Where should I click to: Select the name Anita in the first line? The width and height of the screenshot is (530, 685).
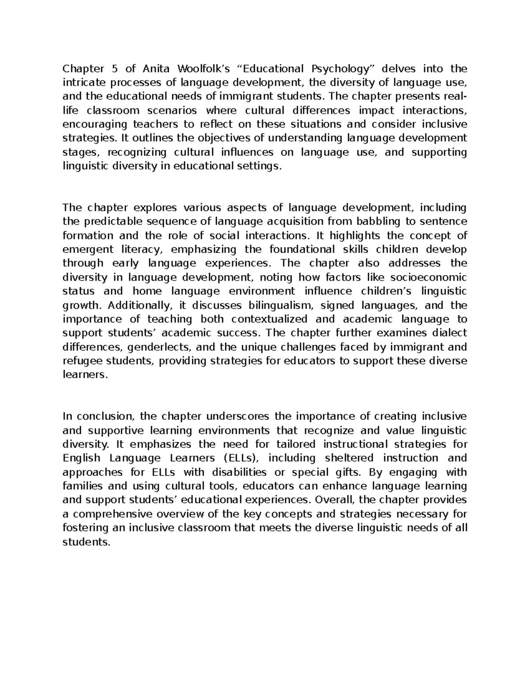157,69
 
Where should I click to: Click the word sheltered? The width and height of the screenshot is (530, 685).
349,458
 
